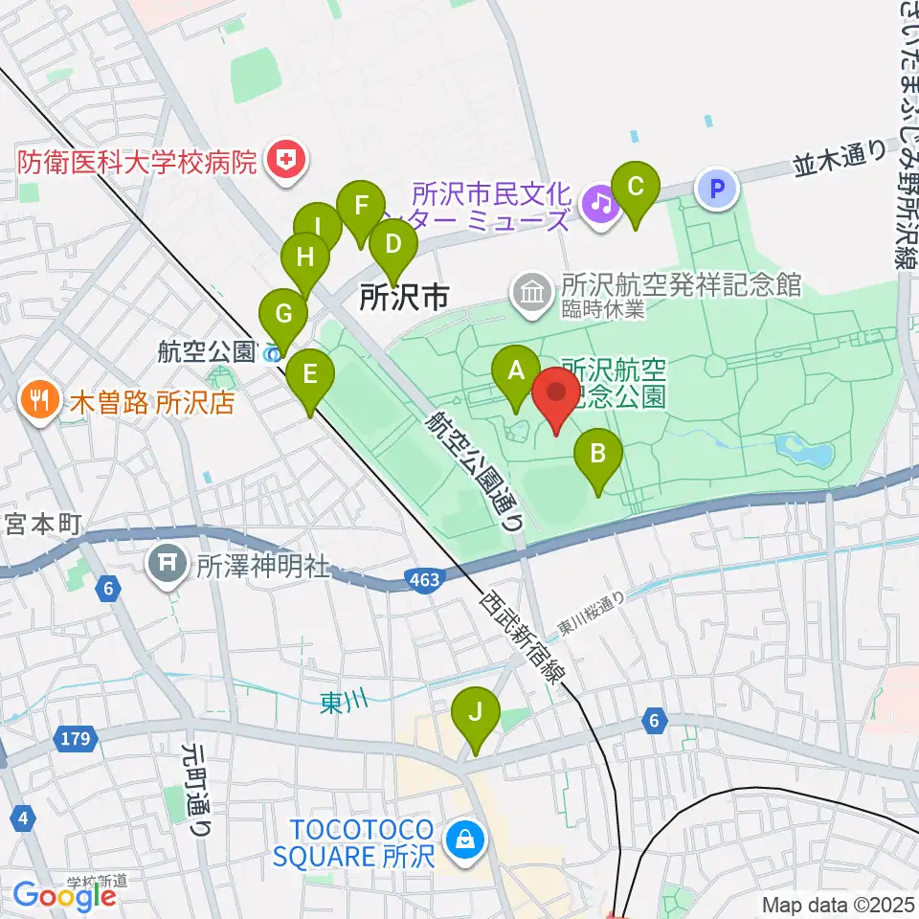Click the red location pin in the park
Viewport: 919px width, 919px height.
[555, 393]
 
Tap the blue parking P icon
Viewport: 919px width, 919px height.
[718, 189]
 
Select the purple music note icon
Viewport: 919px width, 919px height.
[600, 202]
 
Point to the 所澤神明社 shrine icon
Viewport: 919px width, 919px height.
[167, 564]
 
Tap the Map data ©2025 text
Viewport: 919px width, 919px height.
[838, 904]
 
